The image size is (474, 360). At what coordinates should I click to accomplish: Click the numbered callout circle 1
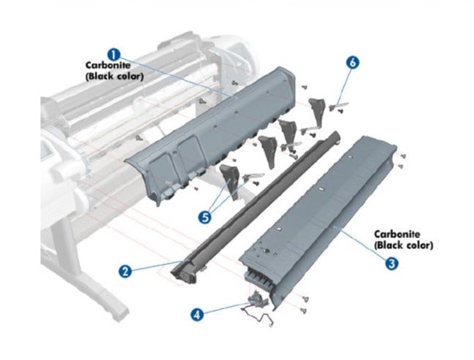tap(114, 53)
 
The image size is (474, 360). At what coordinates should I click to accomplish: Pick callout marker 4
tap(197, 315)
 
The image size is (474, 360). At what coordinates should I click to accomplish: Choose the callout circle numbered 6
tap(353, 63)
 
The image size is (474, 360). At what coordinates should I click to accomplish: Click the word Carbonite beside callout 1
tap(107, 65)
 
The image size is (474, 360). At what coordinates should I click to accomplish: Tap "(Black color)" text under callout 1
tap(115, 75)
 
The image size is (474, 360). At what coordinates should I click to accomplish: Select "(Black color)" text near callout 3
tap(404, 245)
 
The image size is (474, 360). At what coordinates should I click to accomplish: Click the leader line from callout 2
tap(153, 265)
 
